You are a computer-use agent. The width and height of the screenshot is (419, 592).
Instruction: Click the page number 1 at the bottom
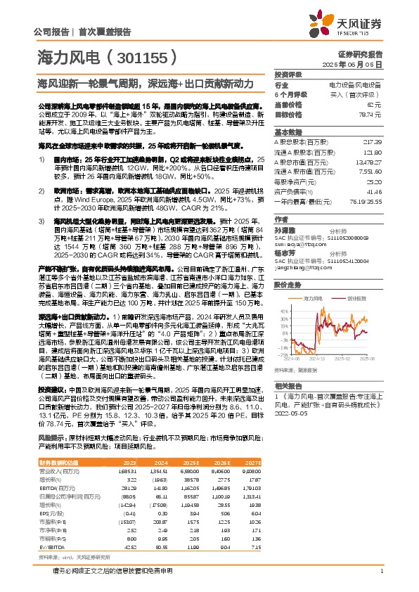(x=380, y=570)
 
